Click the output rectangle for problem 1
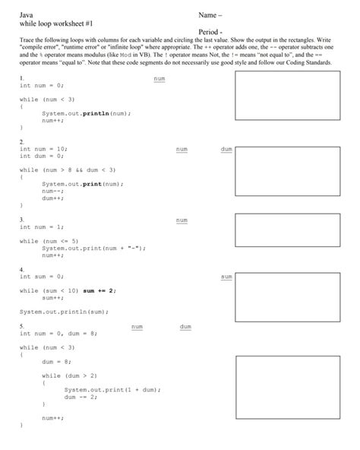286,101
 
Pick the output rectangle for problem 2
286,172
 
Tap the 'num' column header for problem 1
159,78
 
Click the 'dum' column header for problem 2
226,150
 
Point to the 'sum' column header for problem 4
226,277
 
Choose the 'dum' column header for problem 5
185,327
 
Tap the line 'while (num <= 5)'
50,241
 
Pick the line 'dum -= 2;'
81,396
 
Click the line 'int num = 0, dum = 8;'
58,333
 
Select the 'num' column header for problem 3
182,220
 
